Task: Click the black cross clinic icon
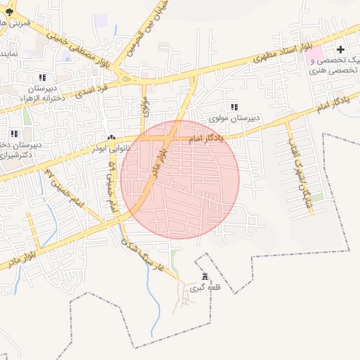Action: pyautogui.click(x=341, y=49)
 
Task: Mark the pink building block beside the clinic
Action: pyautogui.click(x=314, y=54)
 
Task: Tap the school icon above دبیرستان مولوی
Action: pyautogui.click(x=233, y=106)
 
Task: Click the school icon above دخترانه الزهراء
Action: pyautogui.click(x=42, y=77)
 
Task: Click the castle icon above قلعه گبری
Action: pyautogui.click(x=205, y=276)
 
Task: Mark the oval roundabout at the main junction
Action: pyautogui.click(x=126, y=79)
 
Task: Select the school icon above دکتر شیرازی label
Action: pyautogui.click(x=13, y=133)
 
